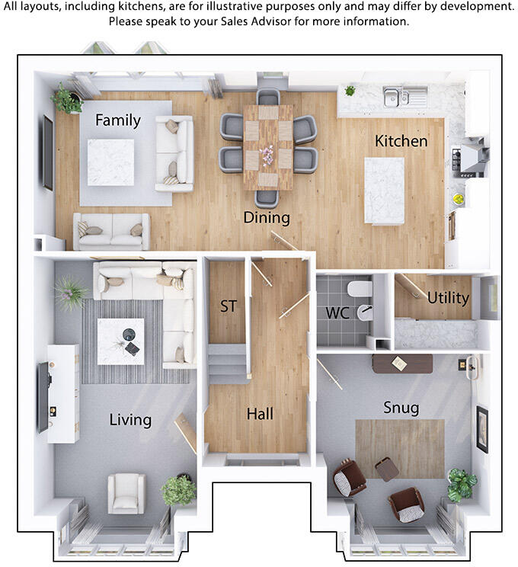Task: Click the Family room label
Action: (x=117, y=120)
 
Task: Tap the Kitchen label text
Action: (x=401, y=141)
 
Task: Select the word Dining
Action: (x=267, y=218)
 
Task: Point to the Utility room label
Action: (x=448, y=298)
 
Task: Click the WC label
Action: (x=337, y=313)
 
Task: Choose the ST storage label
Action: (x=229, y=306)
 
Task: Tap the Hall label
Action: (x=260, y=415)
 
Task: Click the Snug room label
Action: (x=401, y=408)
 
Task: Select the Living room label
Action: (x=130, y=419)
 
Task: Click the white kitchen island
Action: (x=383, y=191)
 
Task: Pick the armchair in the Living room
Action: (x=126, y=492)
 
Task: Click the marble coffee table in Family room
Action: (x=110, y=162)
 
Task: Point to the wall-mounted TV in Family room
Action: (x=48, y=152)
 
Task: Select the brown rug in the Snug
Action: (x=400, y=449)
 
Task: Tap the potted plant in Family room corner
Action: (x=67, y=99)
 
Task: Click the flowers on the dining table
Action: (x=268, y=155)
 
